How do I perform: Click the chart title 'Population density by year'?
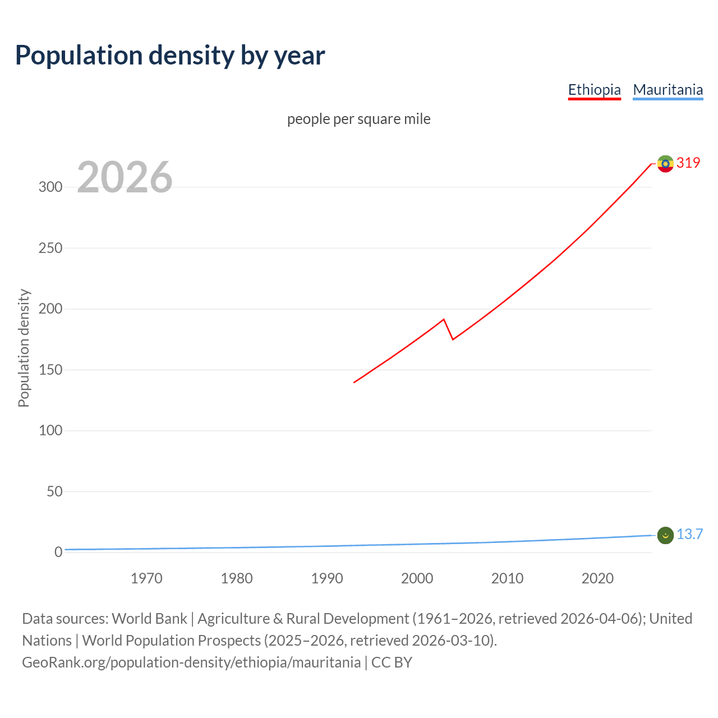tap(170, 56)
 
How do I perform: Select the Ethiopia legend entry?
tap(594, 90)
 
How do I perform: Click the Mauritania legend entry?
tap(668, 90)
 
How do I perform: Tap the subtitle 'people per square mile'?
tap(358, 119)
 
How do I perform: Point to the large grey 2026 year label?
tap(125, 177)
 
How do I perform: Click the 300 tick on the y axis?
tap(50, 187)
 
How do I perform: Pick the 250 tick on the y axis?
tap(50, 248)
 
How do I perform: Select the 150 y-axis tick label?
tap(50, 370)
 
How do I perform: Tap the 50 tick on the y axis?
tap(54, 491)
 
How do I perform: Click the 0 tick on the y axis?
tap(58, 552)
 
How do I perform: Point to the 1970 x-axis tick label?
tap(146, 578)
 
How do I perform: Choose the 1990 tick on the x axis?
tap(327, 578)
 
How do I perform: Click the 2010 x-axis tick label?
tap(507, 578)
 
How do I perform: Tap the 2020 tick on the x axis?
tap(597, 578)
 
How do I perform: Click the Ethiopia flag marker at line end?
tap(665, 164)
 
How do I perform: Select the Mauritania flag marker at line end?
tap(665, 535)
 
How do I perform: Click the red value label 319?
tap(688, 163)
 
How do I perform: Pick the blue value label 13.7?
tap(689, 534)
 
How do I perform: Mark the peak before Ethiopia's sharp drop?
tap(444, 319)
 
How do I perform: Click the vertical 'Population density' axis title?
tap(24, 348)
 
